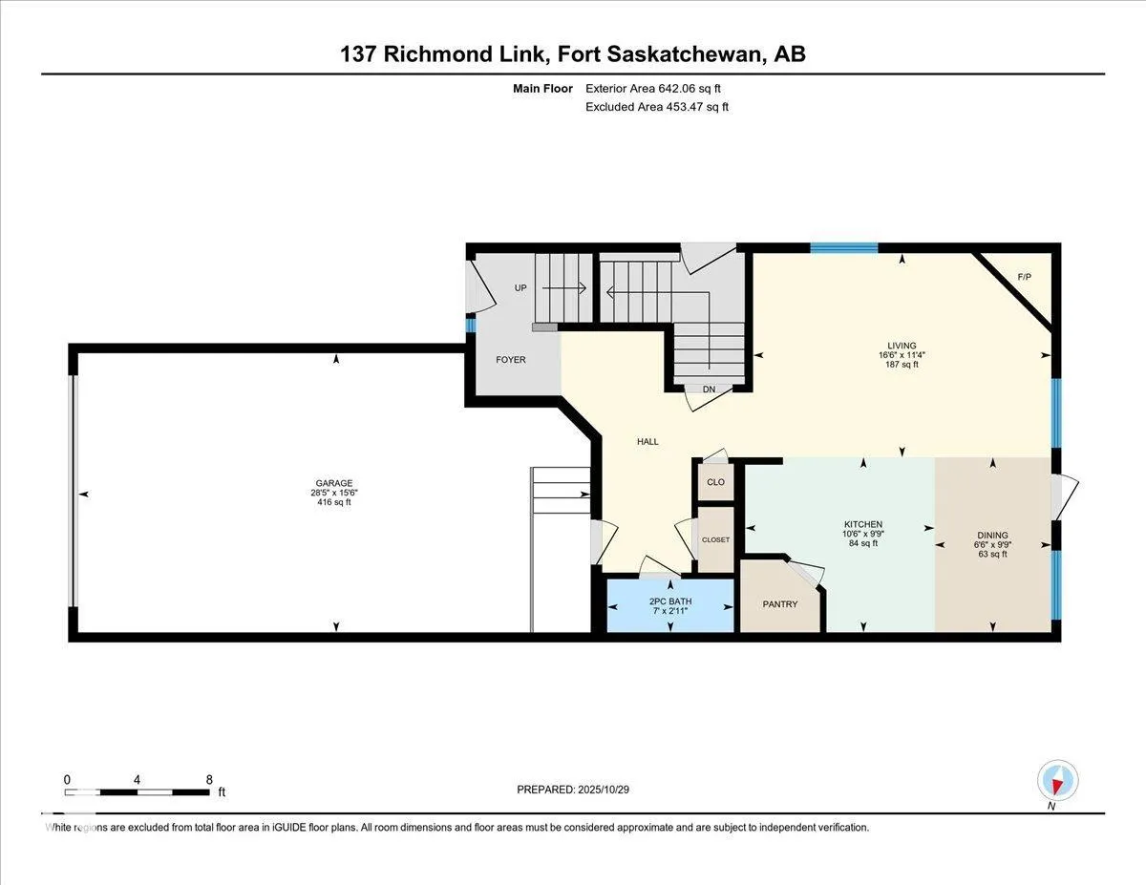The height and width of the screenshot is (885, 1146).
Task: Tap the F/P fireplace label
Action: (x=1024, y=277)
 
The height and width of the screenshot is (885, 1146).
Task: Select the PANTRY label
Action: (x=779, y=603)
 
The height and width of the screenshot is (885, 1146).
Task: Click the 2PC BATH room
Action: (x=670, y=605)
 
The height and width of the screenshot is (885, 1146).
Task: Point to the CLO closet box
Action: (x=715, y=482)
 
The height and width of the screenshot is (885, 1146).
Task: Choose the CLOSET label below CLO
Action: (x=715, y=539)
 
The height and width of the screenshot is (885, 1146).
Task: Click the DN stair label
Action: (x=709, y=390)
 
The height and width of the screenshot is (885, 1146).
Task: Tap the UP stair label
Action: (x=520, y=287)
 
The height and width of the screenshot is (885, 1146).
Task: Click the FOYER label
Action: (x=510, y=360)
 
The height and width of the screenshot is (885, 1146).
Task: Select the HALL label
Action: (x=647, y=441)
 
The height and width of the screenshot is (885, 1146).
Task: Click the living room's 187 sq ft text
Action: (x=902, y=365)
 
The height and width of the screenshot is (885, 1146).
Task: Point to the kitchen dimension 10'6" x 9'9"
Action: (x=862, y=534)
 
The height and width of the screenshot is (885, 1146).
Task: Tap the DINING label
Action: (x=992, y=536)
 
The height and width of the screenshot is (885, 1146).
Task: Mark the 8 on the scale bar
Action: (x=209, y=779)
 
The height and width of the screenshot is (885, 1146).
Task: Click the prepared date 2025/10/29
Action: (x=601, y=790)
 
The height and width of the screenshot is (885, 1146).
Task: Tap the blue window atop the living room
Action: (x=843, y=248)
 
